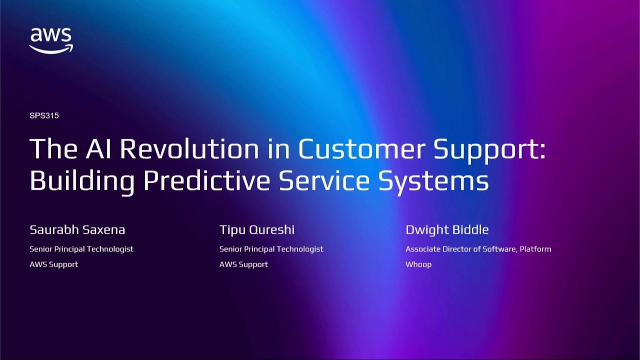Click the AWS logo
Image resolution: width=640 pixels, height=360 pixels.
(51, 40)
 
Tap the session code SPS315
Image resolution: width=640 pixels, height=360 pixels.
(44, 115)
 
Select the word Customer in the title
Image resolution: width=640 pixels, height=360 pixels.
(361, 149)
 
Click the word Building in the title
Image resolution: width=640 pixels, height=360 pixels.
(82, 181)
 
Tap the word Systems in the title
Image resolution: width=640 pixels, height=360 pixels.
(433, 181)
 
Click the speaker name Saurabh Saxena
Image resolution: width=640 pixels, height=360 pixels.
(77, 230)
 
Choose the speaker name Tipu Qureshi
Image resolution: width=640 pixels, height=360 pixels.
(256, 230)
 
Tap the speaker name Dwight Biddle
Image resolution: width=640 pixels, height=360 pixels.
(446, 230)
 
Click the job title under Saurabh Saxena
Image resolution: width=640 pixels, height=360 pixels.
(81, 249)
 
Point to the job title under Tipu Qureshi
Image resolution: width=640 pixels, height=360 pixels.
(271, 249)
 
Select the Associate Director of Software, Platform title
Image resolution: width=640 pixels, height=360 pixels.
(478, 249)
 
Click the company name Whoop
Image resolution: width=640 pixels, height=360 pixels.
(418, 264)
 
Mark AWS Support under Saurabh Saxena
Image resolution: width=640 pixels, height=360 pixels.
(53, 264)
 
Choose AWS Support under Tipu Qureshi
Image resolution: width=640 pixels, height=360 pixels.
(243, 264)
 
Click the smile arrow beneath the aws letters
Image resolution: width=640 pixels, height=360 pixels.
(51, 49)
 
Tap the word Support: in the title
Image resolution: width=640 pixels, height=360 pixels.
(489, 149)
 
